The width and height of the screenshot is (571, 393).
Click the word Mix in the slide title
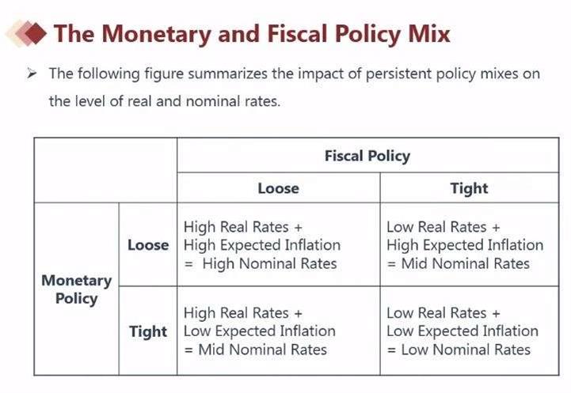click(427, 33)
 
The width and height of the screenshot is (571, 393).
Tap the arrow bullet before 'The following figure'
click(32, 74)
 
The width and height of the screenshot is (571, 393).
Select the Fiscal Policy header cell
click(367, 156)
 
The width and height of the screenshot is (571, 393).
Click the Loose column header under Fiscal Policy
click(278, 188)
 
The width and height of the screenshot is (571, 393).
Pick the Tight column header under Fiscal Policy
click(469, 188)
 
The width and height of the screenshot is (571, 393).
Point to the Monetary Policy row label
click(76, 289)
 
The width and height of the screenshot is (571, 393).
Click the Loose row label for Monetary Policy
click(148, 245)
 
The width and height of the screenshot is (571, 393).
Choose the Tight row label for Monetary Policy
click(148, 331)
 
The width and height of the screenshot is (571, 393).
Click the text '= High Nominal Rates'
click(261, 263)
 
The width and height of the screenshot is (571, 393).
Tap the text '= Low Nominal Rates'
click(459, 350)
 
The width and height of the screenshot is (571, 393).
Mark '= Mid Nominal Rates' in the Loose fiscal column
click(255, 350)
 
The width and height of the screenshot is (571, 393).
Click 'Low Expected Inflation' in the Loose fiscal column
click(259, 331)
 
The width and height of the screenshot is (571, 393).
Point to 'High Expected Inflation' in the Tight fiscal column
click(465, 245)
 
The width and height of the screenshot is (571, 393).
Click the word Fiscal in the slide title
click(297, 33)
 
